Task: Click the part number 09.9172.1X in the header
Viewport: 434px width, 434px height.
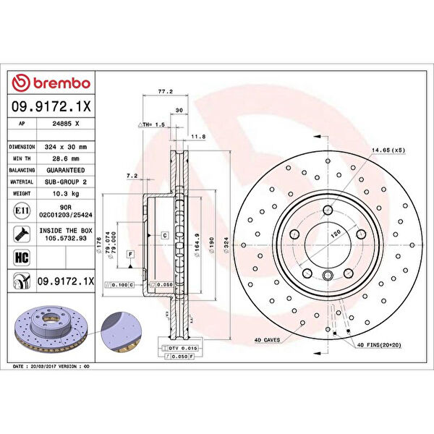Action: [51, 106]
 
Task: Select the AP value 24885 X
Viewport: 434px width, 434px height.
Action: [66, 124]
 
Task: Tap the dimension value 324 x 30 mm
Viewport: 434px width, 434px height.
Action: [66, 146]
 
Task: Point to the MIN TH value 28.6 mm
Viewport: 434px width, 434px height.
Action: [66, 158]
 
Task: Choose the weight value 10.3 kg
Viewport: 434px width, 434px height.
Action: [66, 195]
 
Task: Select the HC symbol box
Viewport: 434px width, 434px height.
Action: [20, 256]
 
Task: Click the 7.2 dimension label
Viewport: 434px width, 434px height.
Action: [131, 175]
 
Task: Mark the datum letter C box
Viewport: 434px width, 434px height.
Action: [164, 236]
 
